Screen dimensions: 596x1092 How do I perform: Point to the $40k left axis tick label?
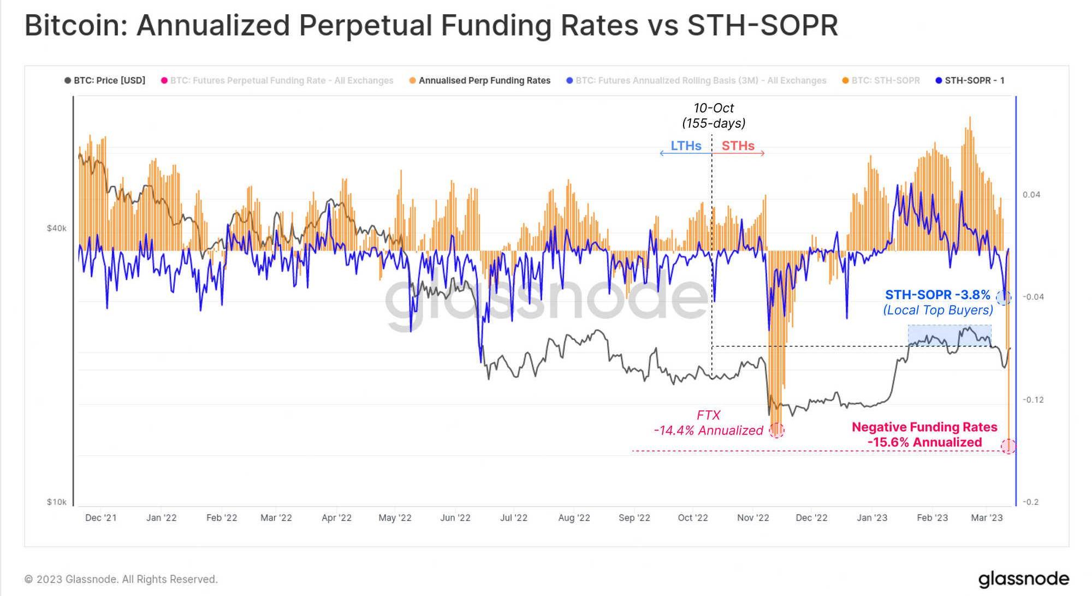pos(56,228)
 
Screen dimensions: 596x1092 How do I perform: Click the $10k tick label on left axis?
pos(56,502)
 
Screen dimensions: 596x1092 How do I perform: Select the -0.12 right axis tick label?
pos(1032,400)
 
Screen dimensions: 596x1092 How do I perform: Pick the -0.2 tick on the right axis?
pos(1030,502)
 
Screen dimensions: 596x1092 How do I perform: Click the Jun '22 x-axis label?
pos(455,518)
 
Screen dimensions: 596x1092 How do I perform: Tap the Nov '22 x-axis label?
pos(752,518)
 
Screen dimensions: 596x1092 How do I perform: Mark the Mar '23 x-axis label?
pos(987,518)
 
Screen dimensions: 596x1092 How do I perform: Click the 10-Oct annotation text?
pos(713,108)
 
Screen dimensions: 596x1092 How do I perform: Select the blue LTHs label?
pos(686,146)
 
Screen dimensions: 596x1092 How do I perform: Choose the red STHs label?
pos(738,146)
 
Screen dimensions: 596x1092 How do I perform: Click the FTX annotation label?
pos(708,415)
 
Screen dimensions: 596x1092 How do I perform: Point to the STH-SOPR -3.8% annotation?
pos(937,295)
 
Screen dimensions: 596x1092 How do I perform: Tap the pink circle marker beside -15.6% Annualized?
pos(1008,446)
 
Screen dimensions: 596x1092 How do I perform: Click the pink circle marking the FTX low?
pos(776,430)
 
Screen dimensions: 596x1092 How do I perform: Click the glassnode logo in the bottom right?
pos(1023,579)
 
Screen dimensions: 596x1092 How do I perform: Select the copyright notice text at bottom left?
pos(121,579)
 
